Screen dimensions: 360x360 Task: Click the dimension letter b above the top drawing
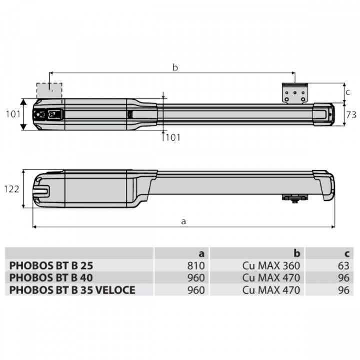click(x=175, y=67)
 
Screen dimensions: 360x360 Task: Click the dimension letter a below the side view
click(x=183, y=221)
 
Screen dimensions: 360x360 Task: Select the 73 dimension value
click(x=351, y=115)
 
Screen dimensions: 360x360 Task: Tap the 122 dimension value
click(x=12, y=189)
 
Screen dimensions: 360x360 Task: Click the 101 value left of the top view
click(x=12, y=114)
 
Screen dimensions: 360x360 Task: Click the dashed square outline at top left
click(x=50, y=91)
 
